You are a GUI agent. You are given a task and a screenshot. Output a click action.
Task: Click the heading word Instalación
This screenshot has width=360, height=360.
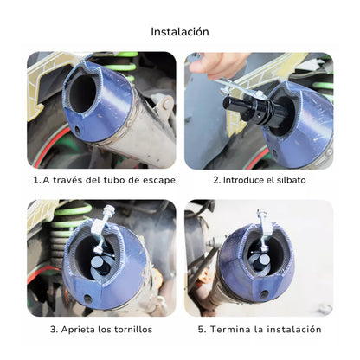(179, 32)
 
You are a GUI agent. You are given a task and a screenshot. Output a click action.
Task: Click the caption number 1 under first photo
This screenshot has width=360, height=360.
(36, 180)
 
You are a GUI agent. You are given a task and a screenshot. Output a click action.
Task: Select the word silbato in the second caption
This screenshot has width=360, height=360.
(289, 180)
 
